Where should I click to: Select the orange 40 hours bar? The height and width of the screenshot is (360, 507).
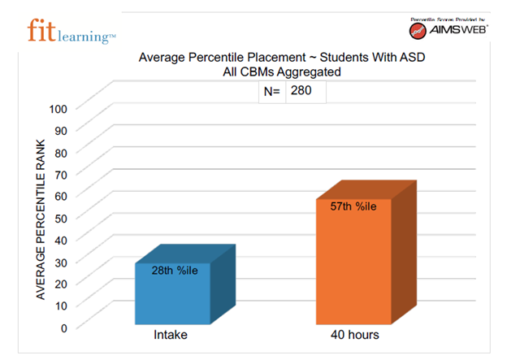353,264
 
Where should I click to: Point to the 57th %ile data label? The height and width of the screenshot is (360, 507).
353,206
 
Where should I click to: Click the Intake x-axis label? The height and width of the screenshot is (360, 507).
172,335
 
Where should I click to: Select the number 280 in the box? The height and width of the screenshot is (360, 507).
301,92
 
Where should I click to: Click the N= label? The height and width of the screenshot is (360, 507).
271,92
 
